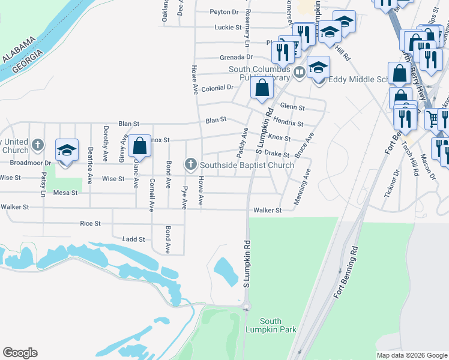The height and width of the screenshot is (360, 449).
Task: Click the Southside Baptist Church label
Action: [x=247, y=165]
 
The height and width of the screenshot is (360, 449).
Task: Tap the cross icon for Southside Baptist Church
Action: [x=191, y=164]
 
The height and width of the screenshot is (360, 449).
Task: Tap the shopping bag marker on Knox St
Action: [x=139, y=146]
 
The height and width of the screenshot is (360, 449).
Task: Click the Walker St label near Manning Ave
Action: [x=267, y=211]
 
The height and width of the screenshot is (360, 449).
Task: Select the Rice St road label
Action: [x=90, y=224]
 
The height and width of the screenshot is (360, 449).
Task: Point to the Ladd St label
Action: [x=133, y=239]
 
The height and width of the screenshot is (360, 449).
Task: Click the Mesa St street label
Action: [x=65, y=193]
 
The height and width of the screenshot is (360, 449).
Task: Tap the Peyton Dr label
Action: [x=224, y=11]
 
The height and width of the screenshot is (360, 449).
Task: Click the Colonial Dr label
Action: [x=217, y=88]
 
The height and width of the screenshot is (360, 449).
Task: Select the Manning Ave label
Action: [x=302, y=188]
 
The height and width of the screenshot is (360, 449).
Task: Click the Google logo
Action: [x=20, y=353]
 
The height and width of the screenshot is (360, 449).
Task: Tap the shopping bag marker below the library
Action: [x=262, y=89]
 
